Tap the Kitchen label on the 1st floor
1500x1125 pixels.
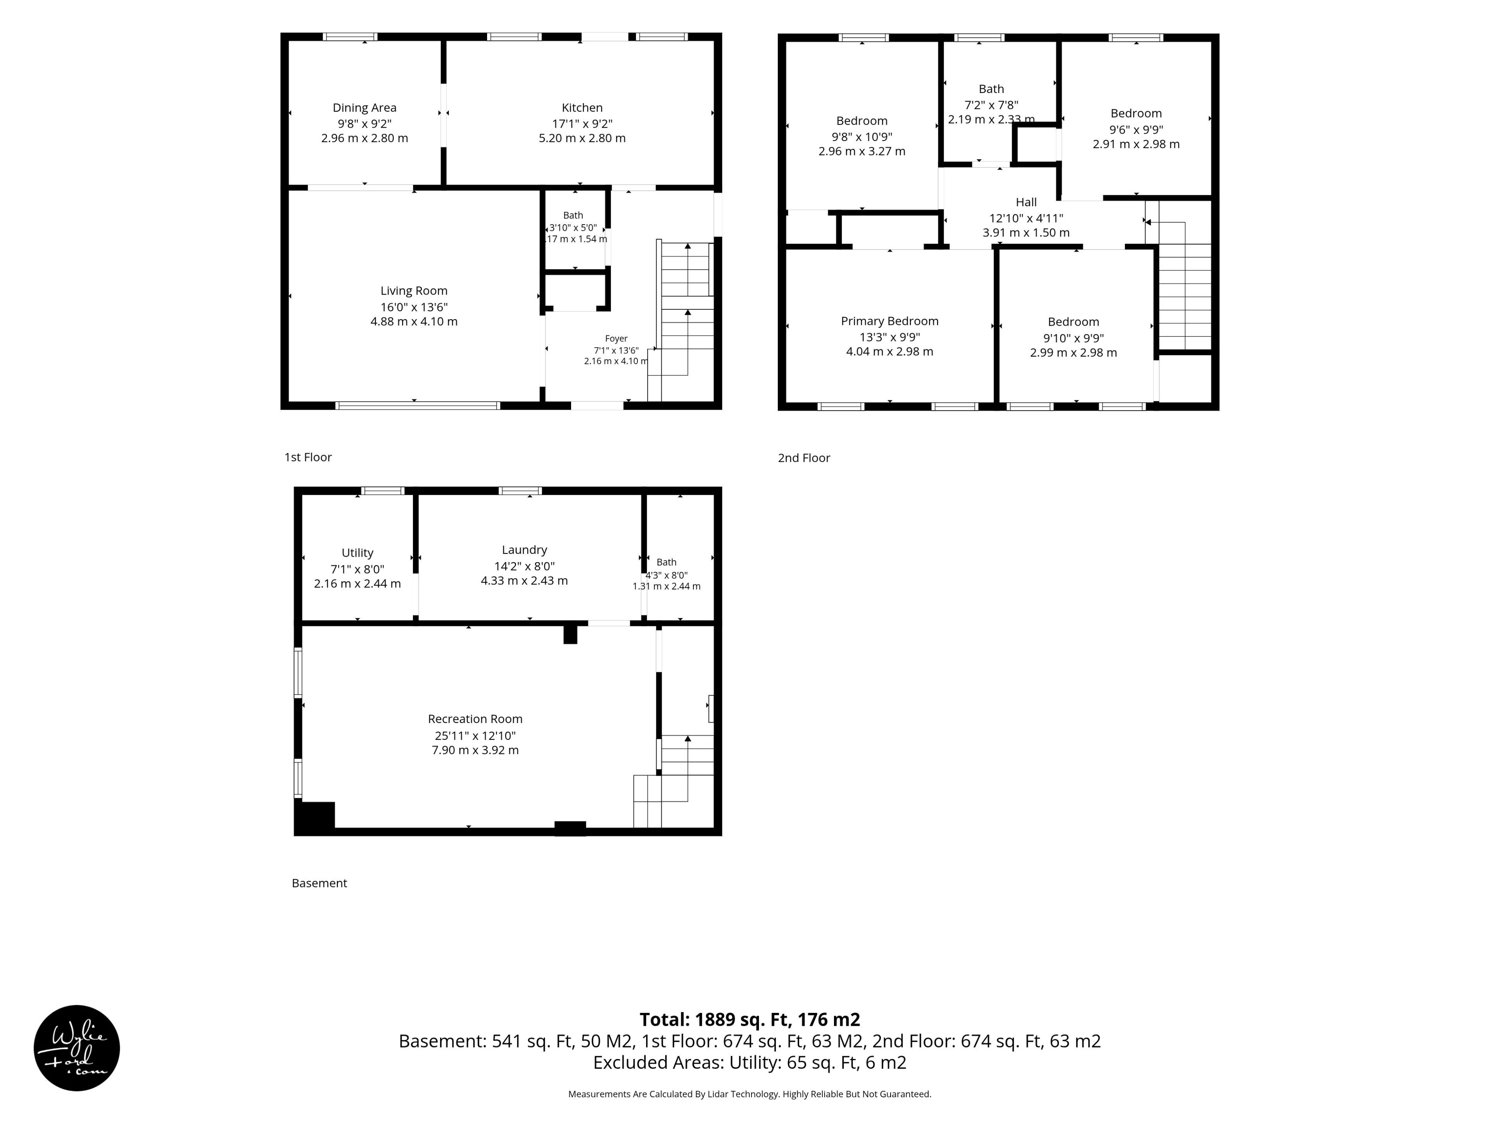click(582, 108)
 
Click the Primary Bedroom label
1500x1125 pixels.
click(890, 321)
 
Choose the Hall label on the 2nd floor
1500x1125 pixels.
click(1026, 202)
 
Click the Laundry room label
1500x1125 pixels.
click(524, 550)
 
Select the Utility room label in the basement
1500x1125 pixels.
click(357, 553)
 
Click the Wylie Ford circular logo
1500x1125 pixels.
click(77, 1048)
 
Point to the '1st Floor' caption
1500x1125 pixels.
click(308, 457)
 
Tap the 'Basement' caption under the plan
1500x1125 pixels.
click(320, 883)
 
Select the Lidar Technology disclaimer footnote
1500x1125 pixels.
click(750, 1094)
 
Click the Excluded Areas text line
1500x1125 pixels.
click(750, 1062)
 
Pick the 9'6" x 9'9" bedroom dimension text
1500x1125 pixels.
click(1136, 130)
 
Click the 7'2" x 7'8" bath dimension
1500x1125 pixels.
click(991, 105)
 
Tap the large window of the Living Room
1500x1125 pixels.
click(418, 405)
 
